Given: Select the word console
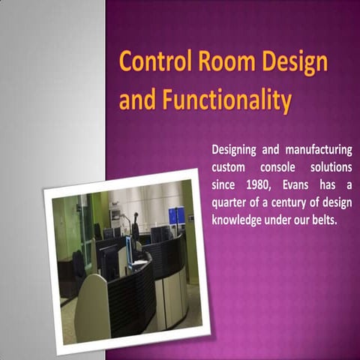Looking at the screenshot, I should point(280,168).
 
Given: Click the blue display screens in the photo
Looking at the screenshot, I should point(175,217).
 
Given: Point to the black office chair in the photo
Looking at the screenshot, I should point(78,266).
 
